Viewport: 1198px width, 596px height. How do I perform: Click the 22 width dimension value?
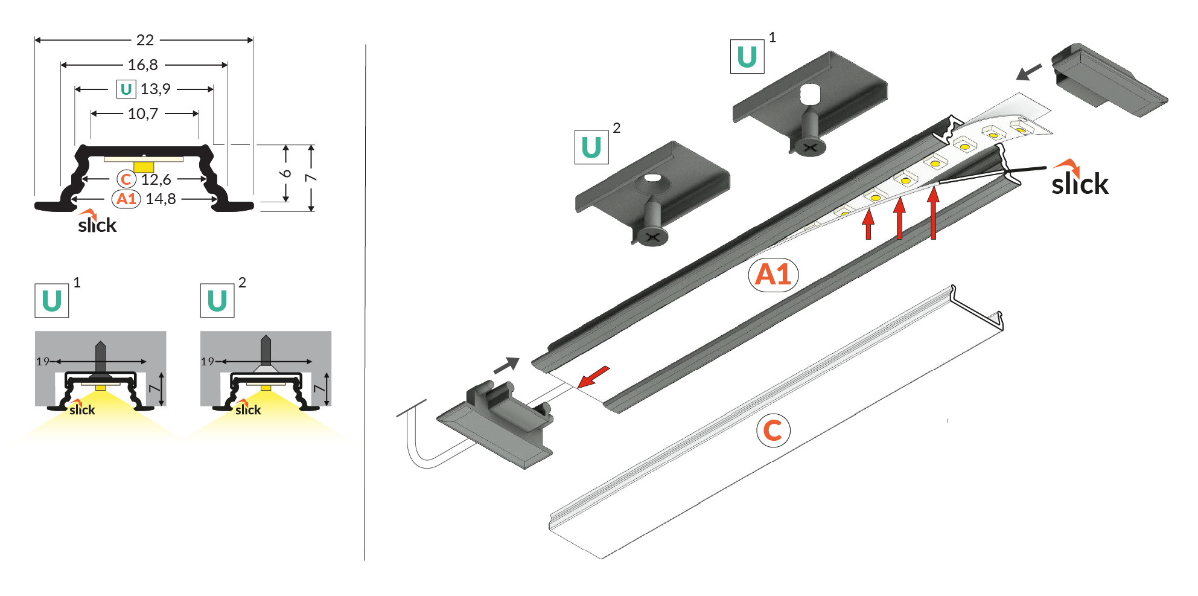click(145, 40)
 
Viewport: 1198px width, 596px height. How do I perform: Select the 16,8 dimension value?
click(143, 65)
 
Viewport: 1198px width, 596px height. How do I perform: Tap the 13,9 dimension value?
click(156, 89)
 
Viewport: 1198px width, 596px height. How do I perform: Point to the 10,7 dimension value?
click(143, 114)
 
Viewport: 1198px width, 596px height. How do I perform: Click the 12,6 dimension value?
click(156, 179)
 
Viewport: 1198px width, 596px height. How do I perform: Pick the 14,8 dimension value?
click(161, 199)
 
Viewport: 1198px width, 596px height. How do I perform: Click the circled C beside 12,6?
click(126, 179)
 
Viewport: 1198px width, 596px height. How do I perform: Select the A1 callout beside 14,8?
click(126, 199)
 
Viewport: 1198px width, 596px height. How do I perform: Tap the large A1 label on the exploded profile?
click(773, 275)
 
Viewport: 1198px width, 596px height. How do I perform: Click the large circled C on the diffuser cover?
click(773, 431)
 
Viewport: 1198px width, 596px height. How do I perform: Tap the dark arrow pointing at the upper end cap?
click(1029, 72)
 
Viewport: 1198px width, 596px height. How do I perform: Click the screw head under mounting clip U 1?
click(811, 147)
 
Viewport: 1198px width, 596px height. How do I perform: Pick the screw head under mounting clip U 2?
click(652, 236)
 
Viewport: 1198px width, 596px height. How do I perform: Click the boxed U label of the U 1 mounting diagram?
click(52, 301)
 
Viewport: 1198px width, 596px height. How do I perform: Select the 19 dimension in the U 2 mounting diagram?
click(207, 362)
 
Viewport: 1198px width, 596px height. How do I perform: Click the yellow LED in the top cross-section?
click(144, 166)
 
